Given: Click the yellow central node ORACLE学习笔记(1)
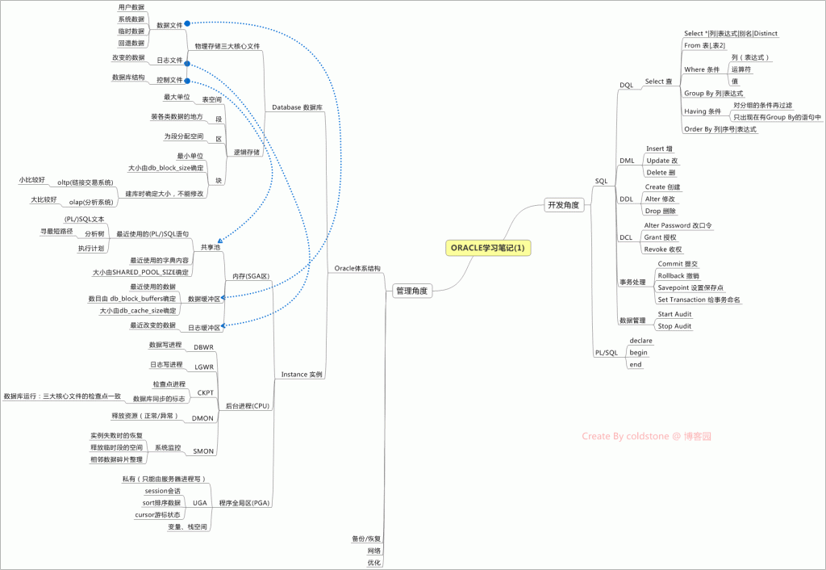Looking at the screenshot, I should coord(490,248).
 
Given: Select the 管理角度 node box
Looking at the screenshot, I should coord(411,290).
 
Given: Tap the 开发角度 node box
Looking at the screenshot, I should coord(563,205).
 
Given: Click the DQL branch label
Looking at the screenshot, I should coord(627,85).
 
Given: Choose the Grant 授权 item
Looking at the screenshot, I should coord(660,237).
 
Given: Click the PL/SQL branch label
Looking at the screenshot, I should coord(606,353).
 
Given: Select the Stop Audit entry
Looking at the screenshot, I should coord(674,326).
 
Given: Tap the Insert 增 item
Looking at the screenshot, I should coord(659,149).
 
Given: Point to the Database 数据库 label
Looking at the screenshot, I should coord(297,107).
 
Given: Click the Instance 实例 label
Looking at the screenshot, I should coord(301,375).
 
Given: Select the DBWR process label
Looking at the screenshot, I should coord(204,347).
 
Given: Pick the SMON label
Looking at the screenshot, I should coord(204,451).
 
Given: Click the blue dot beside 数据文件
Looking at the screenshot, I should coord(187,25).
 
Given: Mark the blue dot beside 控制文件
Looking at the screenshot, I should coord(187,81).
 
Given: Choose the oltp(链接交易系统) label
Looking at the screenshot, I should coord(85,182).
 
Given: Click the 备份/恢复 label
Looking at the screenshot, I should coord(366,538).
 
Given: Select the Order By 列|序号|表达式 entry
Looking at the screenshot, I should coord(720,129).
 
